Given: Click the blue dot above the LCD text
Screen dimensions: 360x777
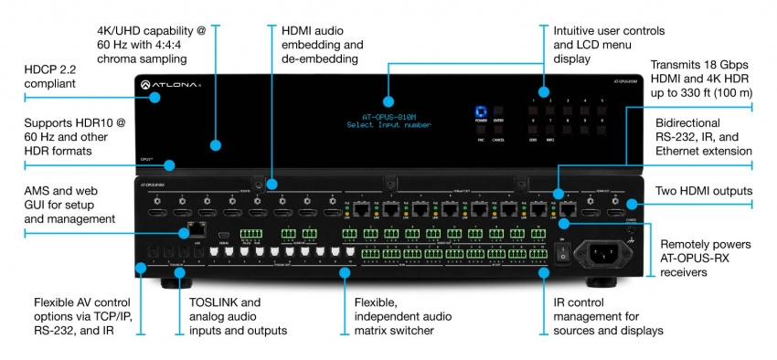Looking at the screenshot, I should pyautogui.click(x=387, y=101).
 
